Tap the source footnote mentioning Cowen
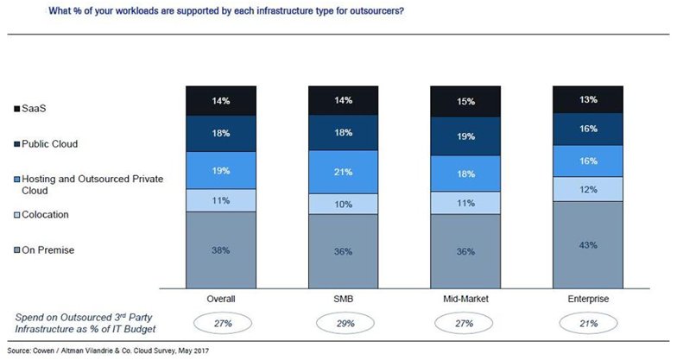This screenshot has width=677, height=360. pyautogui.click(x=107, y=351)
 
